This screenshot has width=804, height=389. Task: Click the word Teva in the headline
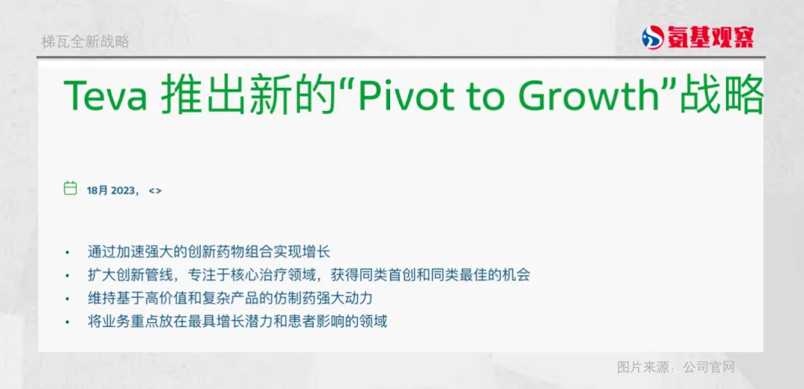(105, 96)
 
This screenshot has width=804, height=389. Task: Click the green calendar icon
(70, 189)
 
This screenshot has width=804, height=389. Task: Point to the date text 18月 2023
(111, 190)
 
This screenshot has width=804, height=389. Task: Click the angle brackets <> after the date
(155, 190)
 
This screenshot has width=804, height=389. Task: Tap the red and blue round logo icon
(653, 38)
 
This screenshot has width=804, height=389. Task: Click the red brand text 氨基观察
(710, 38)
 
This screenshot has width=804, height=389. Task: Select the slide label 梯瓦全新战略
(85, 42)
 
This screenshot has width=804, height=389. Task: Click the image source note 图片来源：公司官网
(676, 367)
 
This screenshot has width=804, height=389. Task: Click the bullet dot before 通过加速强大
(67, 253)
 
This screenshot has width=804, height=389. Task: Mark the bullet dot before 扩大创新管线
(67, 276)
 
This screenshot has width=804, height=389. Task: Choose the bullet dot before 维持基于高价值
(67, 299)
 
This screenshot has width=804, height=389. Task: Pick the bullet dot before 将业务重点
(67, 323)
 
